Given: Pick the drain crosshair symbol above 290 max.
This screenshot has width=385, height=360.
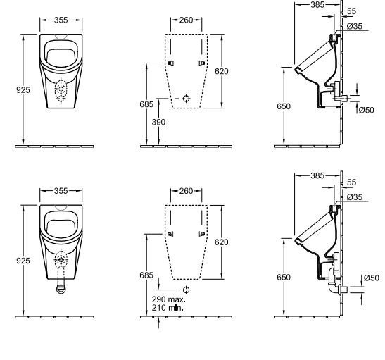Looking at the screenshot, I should tap(187, 290).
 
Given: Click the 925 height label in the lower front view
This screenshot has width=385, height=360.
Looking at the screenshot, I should tap(22, 261).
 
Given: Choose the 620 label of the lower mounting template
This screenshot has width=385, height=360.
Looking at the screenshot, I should tap(222, 242).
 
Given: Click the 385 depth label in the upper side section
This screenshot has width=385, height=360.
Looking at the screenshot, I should tap(318, 5).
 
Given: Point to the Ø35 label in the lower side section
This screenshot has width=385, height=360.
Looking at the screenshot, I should tap(354, 197).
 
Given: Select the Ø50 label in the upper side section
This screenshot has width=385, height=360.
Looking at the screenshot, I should tap(366, 110).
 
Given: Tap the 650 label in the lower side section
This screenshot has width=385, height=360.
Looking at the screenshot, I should tap(283, 278).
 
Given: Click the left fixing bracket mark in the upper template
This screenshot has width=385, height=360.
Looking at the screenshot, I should tap(170, 63).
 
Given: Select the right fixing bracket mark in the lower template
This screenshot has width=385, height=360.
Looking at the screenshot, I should tap(203, 235).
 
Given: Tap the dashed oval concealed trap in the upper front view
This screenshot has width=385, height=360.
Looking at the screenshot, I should tap(61, 91).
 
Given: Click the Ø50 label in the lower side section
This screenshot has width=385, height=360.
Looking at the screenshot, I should tap(369, 278).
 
